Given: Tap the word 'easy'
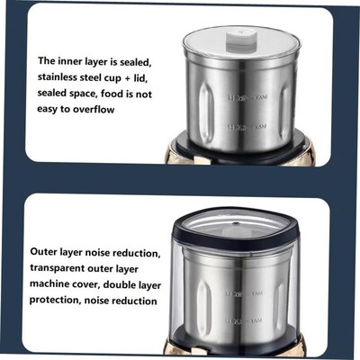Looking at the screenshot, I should pyautogui.click(x=50, y=109).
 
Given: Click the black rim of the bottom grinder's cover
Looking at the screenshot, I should pyautogui.click(x=243, y=227).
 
